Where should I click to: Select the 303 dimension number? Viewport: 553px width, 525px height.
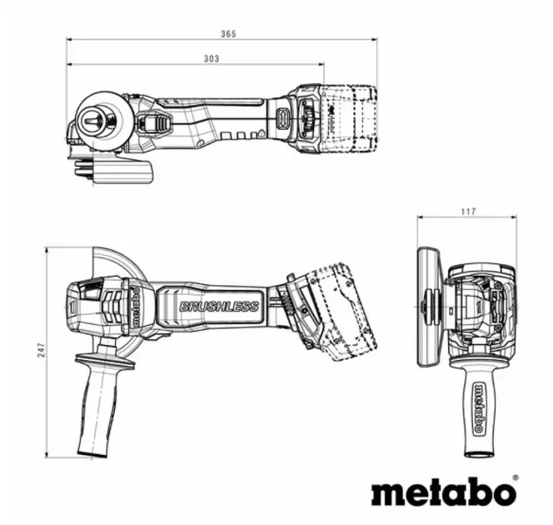(x=211, y=58)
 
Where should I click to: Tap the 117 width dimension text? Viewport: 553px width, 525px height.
(x=467, y=212)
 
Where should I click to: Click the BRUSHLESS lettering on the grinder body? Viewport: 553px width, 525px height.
(x=218, y=306)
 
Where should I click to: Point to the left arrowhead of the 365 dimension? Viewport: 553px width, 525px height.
(x=70, y=39)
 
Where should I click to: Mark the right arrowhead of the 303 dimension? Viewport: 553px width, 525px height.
(x=321, y=64)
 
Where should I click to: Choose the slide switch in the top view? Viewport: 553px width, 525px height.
(x=154, y=124)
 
